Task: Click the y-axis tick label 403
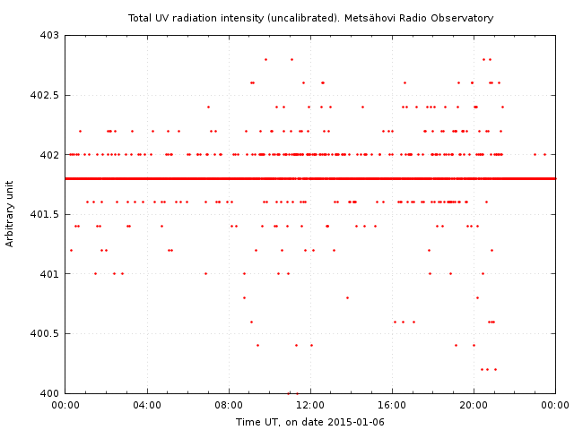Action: coord(49,36)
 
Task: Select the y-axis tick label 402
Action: coord(49,155)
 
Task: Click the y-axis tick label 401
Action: coord(49,274)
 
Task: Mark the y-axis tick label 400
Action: coord(49,393)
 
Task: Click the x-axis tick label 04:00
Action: coord(147,406)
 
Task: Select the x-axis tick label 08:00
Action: coord(229,406)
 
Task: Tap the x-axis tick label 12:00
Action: coord(310,406)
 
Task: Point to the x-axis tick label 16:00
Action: coord(392,406)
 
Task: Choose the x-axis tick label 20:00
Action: coord(474,406)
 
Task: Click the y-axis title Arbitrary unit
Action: coord(11,214)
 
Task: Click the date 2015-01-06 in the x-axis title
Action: coord(357,422)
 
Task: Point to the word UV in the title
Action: coord(165,18)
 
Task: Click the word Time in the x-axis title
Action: coord(248,422)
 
